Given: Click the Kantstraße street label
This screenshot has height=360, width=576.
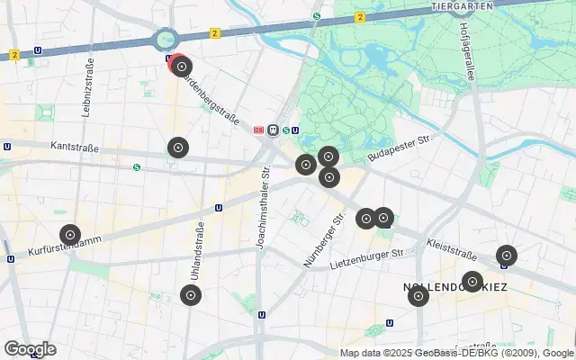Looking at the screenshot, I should click(73, 145).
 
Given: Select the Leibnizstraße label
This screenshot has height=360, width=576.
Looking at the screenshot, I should click(90, 85).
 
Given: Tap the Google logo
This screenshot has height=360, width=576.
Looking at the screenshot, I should click(30, 349).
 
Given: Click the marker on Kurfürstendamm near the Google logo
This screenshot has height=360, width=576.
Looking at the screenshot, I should click(69, 235).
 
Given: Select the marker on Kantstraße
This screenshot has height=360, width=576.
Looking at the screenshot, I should click(178, 148).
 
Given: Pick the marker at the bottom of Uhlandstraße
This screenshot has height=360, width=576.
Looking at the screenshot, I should click(190, 294).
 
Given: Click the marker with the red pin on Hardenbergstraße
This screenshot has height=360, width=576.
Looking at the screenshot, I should click(182, 66).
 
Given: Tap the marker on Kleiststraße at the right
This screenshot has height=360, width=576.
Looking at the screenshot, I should click(507, 256).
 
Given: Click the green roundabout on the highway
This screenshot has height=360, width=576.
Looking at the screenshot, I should click(165, 39).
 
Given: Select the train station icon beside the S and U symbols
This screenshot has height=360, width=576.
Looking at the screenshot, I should click(273, 130).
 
